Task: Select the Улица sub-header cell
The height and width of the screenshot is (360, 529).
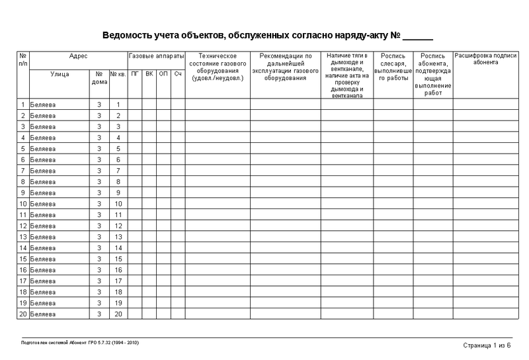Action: coord(60,73)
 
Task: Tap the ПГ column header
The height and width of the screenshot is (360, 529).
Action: coord(135,73)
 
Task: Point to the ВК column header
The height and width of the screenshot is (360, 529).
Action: coord(149,73)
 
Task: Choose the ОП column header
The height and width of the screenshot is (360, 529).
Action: coord(164,73)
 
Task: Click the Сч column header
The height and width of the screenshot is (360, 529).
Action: coord(178,73)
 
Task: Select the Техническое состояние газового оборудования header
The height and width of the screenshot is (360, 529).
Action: coord(218,67)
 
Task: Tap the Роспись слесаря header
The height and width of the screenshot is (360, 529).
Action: coord(393,67)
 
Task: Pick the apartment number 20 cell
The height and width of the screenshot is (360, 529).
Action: coord(118,313)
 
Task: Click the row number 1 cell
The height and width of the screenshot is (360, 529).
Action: coord(23,105)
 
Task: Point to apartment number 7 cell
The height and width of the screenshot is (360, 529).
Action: coord(118,170)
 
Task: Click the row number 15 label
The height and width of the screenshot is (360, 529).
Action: coord(23,258)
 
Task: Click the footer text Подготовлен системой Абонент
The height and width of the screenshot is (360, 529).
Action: coord(79,343)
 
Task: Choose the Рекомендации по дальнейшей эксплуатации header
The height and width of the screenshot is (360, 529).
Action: coord(286,67)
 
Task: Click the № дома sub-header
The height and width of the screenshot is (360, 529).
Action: coord(99,77)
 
